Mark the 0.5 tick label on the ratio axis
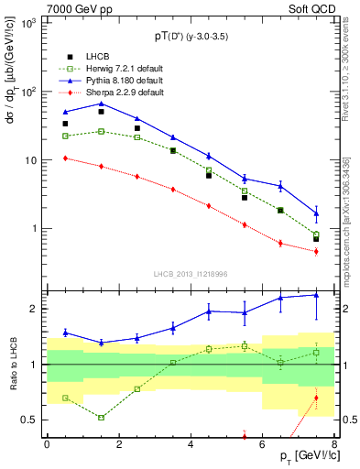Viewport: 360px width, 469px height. pyautogui.click(x=29, y=420)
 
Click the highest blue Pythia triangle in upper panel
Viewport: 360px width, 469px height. pyautogui.click(x=101, y=104)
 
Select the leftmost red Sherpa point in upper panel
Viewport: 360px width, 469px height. pyautogui.click(x=65, y=158)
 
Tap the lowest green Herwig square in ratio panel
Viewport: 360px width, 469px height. pyautogui.click(x=101, y=418)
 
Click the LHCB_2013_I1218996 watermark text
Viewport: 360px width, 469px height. pyautogui.click(x=191, y=273)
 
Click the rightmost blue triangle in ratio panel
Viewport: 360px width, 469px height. pyautogui.click(x=316, y=294)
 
